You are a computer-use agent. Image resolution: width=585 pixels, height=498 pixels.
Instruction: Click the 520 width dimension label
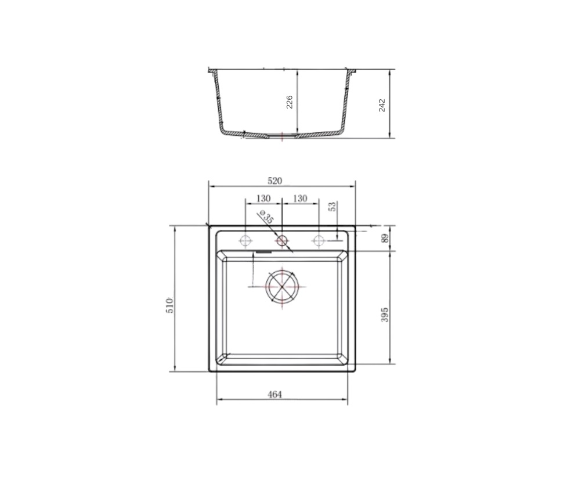click(x=275, y=181)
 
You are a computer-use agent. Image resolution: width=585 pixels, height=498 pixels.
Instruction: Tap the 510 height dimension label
click(x=169, y=305)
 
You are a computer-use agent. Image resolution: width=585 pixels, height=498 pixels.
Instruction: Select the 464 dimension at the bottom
click(x=275, y=394)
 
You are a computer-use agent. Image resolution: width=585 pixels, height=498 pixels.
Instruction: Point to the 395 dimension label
click(x=385, y=315)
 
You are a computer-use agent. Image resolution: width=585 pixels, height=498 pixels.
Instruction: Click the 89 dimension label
click(x=385, y=238)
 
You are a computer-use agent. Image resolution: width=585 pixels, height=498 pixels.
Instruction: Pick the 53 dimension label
click(x=333, y=206)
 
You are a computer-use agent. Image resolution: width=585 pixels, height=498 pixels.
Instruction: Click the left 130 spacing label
click(x=263, y=198)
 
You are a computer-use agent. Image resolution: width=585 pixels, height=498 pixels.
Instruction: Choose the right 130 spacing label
click(x=300, y=198)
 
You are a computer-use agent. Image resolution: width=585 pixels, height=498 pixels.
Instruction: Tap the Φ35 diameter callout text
click(x=266, y=217)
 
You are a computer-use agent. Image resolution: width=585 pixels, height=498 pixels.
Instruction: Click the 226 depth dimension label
click(x=289, y=102)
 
